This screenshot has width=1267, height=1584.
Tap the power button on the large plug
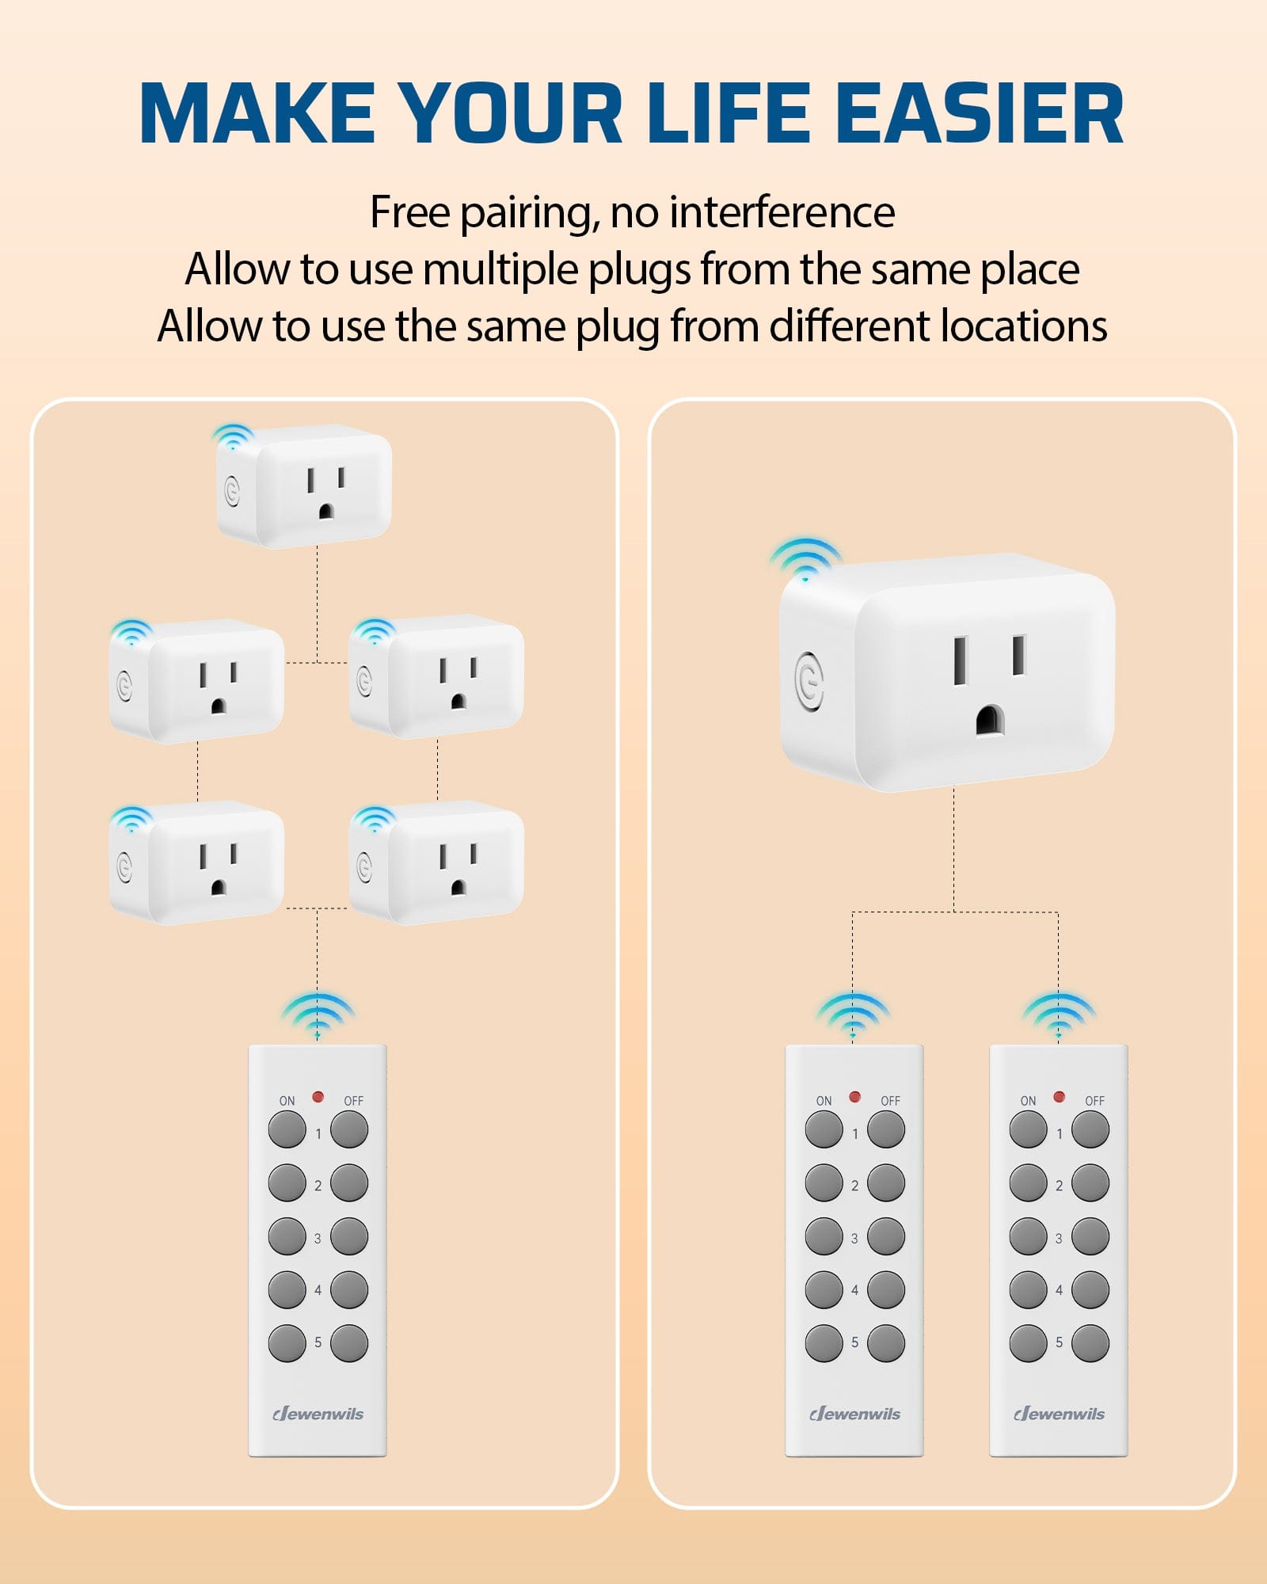coord(809,680)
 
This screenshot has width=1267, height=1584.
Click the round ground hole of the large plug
coord(989,720)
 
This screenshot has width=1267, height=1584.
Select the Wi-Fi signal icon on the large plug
coord(805,559)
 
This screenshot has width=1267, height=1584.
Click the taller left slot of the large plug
coord(961,661)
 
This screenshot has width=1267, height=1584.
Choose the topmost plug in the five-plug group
coord(306,486)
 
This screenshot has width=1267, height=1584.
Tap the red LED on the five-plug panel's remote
coord(318,1097)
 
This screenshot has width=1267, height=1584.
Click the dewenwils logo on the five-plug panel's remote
coord(318,1414)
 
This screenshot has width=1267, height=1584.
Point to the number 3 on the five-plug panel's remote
coord(318,1238)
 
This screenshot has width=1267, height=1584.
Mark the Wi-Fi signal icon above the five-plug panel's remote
coord(318,1015)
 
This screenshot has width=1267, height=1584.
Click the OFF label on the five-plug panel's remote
coord(353,1101)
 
